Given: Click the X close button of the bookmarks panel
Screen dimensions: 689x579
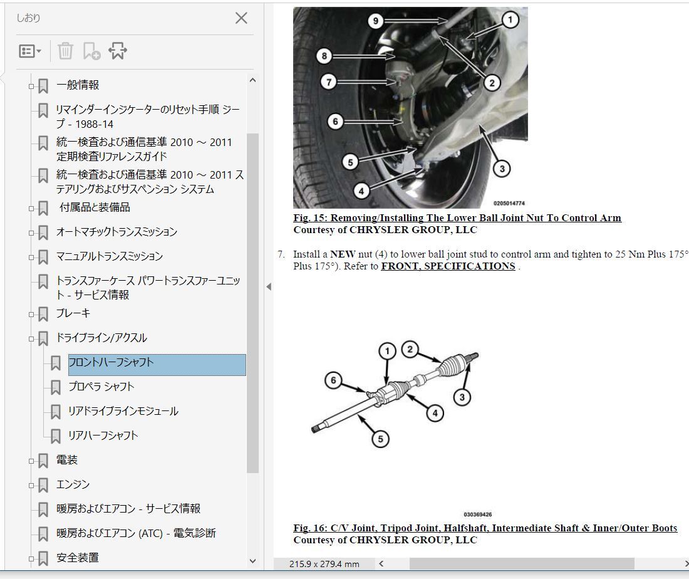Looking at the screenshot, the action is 241,18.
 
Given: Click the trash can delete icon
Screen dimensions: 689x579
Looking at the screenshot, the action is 65,51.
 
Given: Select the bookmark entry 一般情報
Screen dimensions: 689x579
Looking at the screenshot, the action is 78,85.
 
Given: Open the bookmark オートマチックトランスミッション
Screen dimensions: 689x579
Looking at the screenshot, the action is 117,232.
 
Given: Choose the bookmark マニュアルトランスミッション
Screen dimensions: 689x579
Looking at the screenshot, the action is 110,256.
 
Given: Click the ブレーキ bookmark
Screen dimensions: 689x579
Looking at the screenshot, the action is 73,313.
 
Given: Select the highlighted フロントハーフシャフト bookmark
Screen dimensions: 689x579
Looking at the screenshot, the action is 111,362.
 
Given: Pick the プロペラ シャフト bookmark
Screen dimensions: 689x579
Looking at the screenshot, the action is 101,387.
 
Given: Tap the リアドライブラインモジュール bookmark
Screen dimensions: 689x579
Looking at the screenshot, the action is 123,411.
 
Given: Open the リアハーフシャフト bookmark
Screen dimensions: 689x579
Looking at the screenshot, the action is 103,436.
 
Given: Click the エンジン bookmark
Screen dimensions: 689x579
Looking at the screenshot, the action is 73,484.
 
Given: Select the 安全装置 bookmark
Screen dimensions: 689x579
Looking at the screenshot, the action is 78,558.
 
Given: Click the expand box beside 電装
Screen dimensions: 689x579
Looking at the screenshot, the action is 31,461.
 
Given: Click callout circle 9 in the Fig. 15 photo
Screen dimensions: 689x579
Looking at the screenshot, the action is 375,21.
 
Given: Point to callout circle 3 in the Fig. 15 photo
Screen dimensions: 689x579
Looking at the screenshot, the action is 502,169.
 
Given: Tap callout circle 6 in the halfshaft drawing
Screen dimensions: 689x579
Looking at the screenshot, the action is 333,380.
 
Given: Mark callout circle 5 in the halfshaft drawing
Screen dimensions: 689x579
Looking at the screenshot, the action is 381,438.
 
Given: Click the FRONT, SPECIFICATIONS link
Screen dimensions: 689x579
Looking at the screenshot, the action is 448,266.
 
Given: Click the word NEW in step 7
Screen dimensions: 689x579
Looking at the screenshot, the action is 343,254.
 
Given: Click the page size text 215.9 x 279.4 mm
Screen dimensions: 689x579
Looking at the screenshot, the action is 324,564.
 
